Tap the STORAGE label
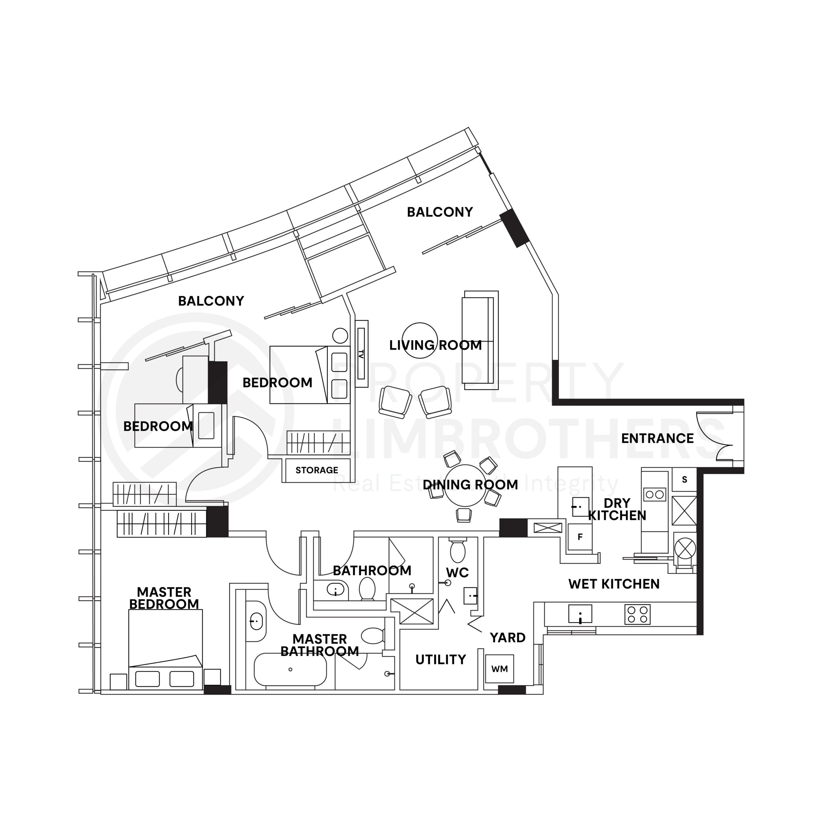[x=317, y=470]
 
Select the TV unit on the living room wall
[x=361, y=354]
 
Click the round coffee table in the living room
[x=420, y=340]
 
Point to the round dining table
[x=465, y=485]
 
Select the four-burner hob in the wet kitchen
[x=637, y=614]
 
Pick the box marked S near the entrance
[x=684, y=479]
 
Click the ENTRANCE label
[x=657, y=438]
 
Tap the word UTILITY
[x=440, y=660]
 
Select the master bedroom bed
[x=165, y=649]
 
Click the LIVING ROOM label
[x=435, y=345]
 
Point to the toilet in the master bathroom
[x=373, y=636]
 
